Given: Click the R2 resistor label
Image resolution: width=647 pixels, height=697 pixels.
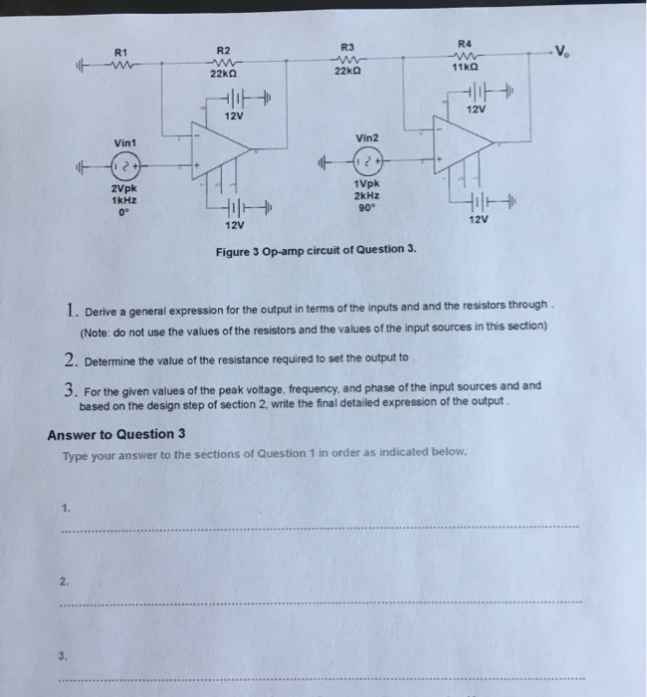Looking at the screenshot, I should [223, 50].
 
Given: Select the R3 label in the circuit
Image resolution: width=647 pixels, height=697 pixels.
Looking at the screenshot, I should [346, 46].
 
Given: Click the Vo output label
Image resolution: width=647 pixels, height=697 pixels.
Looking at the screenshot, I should [565, 52].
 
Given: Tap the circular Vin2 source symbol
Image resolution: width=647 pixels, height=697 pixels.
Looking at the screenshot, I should [363, 160].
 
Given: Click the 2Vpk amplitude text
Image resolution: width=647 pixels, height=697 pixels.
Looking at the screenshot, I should [123, 187].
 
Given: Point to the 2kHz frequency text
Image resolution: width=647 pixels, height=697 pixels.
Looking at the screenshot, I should [363, 195].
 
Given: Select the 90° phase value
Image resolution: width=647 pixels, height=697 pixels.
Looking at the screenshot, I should [363, 207].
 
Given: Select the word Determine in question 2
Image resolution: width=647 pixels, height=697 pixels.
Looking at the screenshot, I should [115, 359].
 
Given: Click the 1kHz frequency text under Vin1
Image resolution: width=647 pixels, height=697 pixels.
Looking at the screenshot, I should [123, 199].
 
